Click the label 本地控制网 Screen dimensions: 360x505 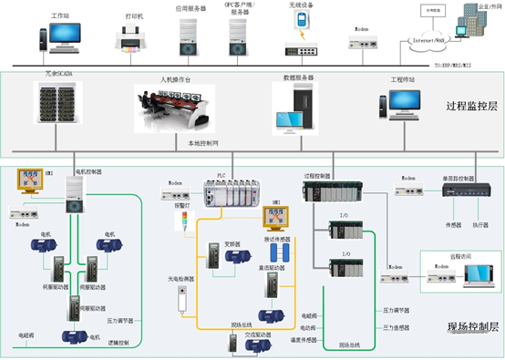click(x=206, y=142)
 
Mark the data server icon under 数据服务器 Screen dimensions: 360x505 click(x=294, y=107)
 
